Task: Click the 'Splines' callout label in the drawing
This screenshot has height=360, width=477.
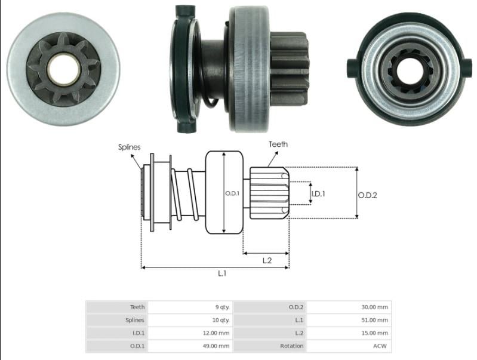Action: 130,147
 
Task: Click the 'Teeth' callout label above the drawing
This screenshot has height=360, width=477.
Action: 278,144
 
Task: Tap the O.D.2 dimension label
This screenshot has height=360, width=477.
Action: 368,195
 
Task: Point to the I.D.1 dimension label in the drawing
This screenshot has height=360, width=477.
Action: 318,194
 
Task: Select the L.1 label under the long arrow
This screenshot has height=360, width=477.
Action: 222,273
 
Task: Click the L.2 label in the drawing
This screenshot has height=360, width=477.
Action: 267,260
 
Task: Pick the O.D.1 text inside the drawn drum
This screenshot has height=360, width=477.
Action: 232,193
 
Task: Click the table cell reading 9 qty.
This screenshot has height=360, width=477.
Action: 222,307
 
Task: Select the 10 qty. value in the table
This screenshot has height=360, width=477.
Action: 221,320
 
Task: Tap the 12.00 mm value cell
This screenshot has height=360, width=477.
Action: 216,333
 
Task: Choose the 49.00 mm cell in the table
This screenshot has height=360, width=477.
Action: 216,346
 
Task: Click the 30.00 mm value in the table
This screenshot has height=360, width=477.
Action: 374,307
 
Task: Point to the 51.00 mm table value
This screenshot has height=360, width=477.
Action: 374,320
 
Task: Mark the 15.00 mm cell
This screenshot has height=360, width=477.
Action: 374,333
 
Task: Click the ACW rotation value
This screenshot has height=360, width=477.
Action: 380,346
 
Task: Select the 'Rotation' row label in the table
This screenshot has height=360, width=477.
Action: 292,346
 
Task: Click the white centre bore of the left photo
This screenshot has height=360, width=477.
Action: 63,69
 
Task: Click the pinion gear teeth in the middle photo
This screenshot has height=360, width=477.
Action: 288,68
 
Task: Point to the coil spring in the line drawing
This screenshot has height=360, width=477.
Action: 184,195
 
